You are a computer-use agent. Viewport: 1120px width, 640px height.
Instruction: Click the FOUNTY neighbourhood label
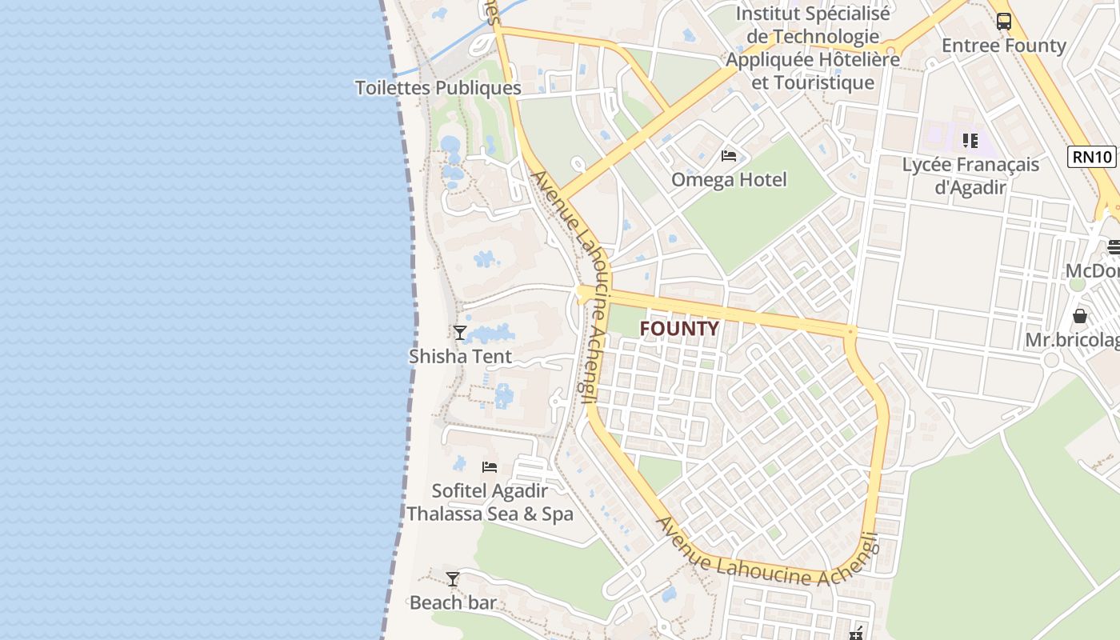point(679,329)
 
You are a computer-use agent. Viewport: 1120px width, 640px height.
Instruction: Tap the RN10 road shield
point(1091,156)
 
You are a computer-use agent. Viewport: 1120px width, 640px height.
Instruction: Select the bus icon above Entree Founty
point(1004,22)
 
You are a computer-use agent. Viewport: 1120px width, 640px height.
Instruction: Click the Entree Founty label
point(1004,46)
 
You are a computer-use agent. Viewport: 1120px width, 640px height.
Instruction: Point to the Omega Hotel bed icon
point(729,155)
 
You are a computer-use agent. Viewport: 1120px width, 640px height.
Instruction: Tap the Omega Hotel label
point(729,180)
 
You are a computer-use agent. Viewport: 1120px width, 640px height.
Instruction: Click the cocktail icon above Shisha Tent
point(460,332)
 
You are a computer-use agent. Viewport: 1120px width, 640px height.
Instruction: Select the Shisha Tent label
point(460,356)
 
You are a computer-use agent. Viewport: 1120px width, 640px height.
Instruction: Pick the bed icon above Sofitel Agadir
point(490,466)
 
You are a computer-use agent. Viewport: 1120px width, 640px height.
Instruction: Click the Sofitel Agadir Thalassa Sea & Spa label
point(490,502)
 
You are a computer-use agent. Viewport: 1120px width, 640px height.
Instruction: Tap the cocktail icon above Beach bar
point(453,578)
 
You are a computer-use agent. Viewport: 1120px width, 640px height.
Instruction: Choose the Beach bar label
point(453,602)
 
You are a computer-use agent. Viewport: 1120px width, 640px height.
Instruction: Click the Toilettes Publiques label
point(438,88)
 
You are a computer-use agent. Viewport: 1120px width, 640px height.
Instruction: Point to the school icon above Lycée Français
point(970,141)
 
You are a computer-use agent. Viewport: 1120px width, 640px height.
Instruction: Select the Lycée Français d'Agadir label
point(970,176)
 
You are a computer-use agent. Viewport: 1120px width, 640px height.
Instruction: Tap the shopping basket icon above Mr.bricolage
point(1080,316)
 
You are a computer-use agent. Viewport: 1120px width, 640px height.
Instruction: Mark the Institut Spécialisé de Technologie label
point(812,48)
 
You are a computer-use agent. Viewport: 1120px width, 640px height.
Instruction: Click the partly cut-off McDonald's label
point(1093,271)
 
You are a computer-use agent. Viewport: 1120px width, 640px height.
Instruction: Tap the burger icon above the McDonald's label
point(1114,246)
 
